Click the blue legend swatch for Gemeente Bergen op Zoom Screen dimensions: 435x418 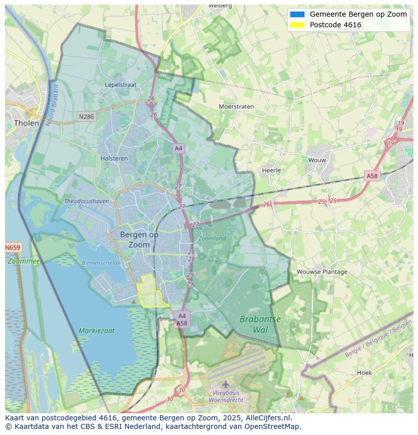[297, 14]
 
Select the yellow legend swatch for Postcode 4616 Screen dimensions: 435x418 [297, 25]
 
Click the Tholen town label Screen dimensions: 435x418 [27, 123]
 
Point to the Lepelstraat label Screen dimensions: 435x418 [121, 85]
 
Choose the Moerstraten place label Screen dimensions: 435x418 [236, 107]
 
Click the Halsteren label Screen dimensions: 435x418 [114, 158]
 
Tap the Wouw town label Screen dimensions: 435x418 [318, 160]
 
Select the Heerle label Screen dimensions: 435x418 [271, 170]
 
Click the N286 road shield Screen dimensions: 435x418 [86, 117]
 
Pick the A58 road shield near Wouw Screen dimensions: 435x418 [372, 176]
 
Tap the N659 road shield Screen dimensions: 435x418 [13, 248]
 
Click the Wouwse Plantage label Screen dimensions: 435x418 [322, 272]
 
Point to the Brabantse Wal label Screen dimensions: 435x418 [260, 324]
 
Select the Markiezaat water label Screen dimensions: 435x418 [96, 331]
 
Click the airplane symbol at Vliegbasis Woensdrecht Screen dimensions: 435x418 [226, 384]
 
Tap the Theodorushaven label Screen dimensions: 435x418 [86, 201]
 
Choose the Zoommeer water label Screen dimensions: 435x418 [25, 261]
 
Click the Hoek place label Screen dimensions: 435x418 [364, 373]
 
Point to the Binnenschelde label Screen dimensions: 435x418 [101, 263]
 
